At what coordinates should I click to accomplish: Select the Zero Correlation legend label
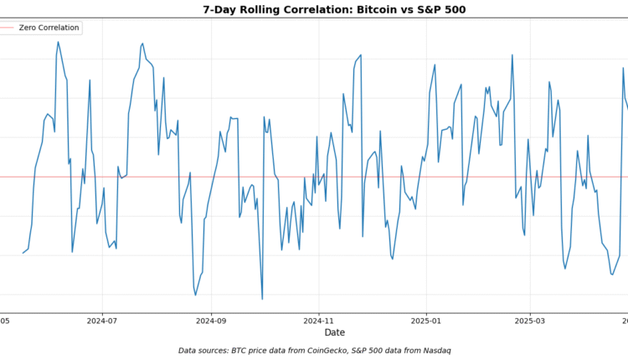(x=49, y=28)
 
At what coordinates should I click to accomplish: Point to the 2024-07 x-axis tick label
(x=102, y=319)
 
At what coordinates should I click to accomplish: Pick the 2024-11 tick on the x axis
(x=318, y=319)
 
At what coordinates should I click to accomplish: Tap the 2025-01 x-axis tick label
(x=426, y=319)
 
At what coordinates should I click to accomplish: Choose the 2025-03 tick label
(x=529, y=319)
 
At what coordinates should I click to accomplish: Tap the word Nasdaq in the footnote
(x=434, y=350)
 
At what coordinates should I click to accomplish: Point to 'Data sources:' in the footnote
(x=206, y=350)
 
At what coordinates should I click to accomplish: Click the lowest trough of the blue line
(x=262, y=299)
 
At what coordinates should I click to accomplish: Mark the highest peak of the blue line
(x=58, y=42)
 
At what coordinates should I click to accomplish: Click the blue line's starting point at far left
(x=23, y=253)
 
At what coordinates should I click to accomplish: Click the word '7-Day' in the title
(x=219, y=10)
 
